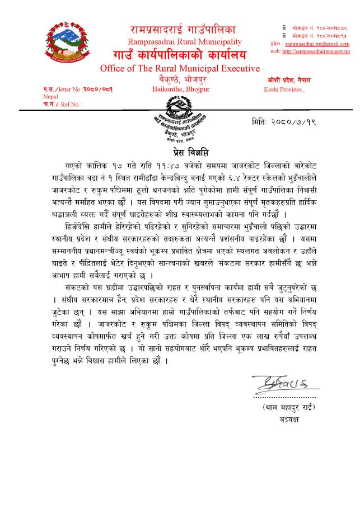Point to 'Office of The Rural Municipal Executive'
click(x=180, y=68)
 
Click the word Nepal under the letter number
click(x=50, y=96)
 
